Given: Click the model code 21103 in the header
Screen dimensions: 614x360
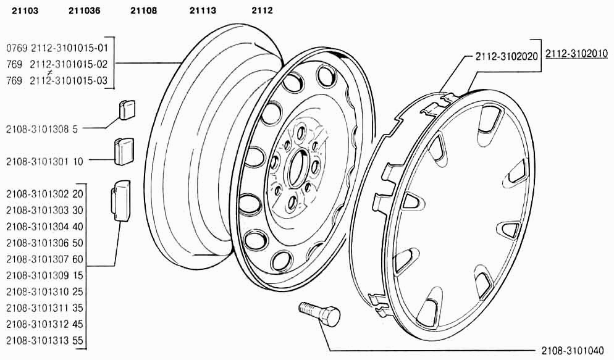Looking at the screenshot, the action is (x=25, y=10).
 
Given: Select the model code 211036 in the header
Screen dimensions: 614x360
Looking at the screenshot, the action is (x=84, y=10).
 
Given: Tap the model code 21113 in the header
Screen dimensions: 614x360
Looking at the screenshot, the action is (x=203, y=10).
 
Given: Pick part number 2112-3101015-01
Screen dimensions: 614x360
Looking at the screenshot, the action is (x=69, y=48).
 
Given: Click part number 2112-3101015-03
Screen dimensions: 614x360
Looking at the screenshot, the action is (x=69, y=81).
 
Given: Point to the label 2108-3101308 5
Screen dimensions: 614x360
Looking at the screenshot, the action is (x=42, y=128).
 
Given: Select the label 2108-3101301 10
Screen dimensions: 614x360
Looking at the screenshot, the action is (x=44, y=161).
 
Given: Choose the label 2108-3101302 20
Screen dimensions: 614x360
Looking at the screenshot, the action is (x=44, y=194).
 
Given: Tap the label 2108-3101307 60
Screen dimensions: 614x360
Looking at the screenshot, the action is (x=44, y=259).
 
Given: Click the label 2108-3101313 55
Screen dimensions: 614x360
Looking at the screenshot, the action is (x=44, y=340).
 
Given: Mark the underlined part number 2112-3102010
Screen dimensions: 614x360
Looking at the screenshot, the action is (x=576, y=53).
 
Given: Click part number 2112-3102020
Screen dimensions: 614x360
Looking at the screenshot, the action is (x=507, y=56).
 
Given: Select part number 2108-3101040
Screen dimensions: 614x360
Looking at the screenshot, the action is (x=573, y=350).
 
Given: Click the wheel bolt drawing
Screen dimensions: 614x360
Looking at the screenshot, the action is (x=319, y=312).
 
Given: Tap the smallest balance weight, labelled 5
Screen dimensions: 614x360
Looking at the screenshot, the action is (x=127, y=109).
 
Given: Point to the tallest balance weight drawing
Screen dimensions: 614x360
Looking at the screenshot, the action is (x=121, y=201).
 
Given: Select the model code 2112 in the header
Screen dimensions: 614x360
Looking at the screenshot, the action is (x=262, y=10).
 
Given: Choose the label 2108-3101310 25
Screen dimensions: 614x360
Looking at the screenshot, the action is (x=44, y=291).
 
